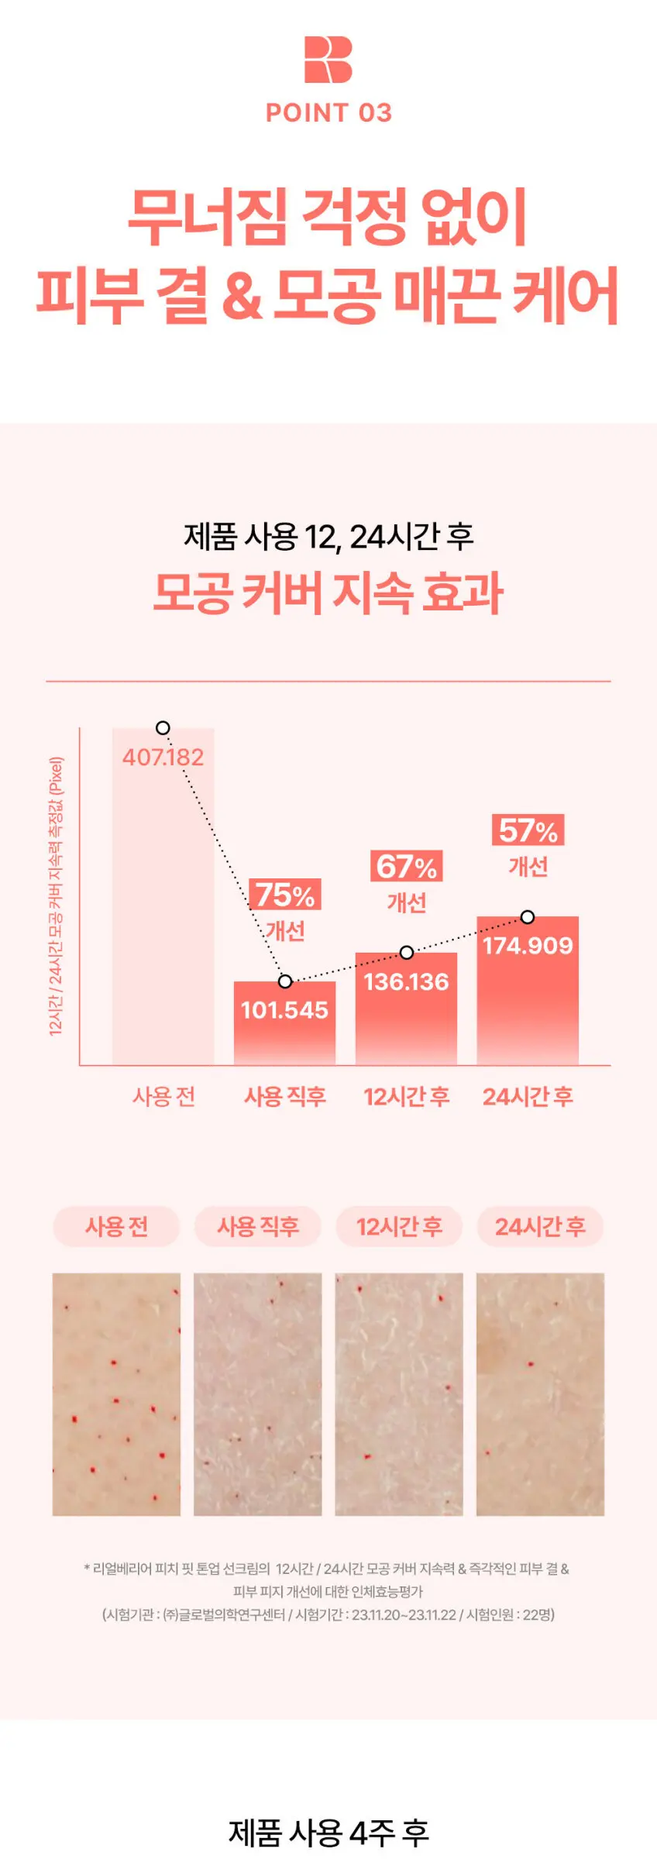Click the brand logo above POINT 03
[328, 60]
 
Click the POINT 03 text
[328, 113]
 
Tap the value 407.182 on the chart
[163, 757]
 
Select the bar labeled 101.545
[284, 1022]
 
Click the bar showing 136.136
[406, 1008]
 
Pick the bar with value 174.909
[528, 990]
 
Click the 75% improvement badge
[285, 895]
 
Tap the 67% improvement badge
[407, 866]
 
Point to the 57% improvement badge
[528, 830]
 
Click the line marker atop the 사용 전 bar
[163, 728]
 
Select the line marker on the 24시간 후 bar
[528, 917]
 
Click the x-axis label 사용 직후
[285, 1096]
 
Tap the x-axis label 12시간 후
[407, 1096]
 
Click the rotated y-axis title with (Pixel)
[56, 896]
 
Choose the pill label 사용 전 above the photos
[116, 1226]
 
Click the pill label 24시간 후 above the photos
[540, 1226]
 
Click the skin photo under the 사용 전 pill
[116, 1394]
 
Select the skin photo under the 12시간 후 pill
[399, 1394]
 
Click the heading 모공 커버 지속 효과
[328, 593]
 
